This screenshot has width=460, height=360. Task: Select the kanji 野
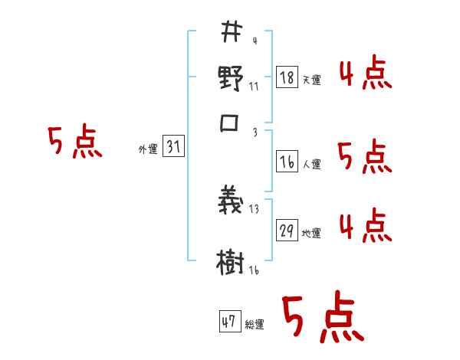click(x=231, y=79)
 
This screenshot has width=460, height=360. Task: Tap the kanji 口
click(x=231, y=124)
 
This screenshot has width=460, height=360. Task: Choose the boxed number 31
click(x=173, y=148)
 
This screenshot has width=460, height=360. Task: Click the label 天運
click(x=311, y=80)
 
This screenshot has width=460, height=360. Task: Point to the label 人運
click(x=311, y=163)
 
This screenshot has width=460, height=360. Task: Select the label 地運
click(x=311, y=232)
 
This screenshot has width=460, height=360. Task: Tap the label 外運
click(x=148, y=149)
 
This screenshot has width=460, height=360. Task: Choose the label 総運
click(x=255, y=324)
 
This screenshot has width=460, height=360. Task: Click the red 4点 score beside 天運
click(x=366, y=74)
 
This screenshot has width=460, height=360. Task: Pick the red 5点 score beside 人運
click(x=366, y=157)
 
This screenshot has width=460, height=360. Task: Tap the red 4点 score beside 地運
click(x=366, y=226)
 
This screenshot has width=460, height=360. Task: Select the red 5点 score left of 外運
click(x=74, y=142)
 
